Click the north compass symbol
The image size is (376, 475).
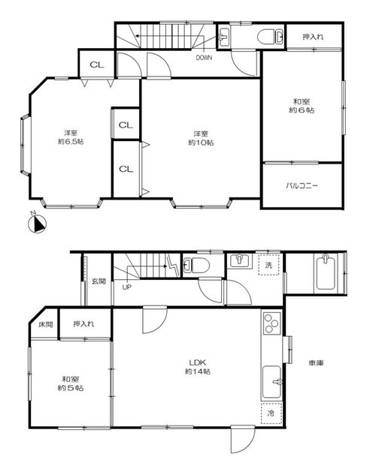37,224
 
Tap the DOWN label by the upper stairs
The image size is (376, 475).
204,58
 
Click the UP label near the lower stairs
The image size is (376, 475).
127,287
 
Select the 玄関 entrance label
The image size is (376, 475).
99,281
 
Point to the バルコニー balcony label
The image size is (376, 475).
302,185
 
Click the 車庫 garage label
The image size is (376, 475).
317,362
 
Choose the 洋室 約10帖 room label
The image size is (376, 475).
201,138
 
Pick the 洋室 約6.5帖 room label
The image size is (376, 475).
71,137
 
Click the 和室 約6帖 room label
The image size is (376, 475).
302,106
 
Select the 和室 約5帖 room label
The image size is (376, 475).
71,383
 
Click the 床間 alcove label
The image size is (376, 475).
46,324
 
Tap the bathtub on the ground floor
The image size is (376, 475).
326,272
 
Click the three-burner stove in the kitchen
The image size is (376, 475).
271,323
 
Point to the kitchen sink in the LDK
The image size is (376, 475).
271,382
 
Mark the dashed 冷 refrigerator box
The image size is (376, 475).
271,413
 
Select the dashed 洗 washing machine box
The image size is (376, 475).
268,265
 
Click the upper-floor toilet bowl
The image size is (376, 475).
266,38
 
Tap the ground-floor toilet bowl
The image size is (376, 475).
197,265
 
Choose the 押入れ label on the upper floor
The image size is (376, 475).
313,37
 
